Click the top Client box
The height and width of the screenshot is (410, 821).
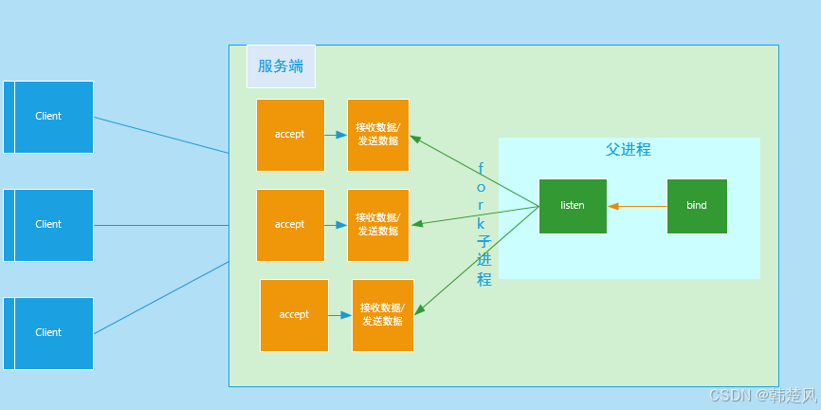(48, 117)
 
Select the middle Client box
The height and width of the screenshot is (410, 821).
(48, 226)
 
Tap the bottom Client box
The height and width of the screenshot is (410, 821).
(48, 333)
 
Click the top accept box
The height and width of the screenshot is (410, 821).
(290, 136)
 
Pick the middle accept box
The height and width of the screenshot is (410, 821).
(290, 226)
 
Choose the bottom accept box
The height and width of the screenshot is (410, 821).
(294, 316)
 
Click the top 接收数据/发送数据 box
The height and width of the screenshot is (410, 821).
(378, 136)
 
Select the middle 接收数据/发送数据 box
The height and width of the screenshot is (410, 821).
(378, 226)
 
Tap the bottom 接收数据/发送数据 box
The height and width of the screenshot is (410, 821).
(383, 316)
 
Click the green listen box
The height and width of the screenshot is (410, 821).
(573, 207)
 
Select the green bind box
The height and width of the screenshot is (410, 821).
(697, 207)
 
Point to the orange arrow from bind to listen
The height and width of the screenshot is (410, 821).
(637, 207)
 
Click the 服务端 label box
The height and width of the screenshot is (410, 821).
(281, 66)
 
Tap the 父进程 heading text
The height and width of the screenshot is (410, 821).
(629, 150)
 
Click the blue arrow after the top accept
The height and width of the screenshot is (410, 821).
(336, 136)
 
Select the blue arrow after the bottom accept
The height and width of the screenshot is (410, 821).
(339, 315)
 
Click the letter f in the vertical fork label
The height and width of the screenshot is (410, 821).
(482, 169)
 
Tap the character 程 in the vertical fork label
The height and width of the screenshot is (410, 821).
(484, 279)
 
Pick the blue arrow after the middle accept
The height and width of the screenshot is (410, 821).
(336, 225)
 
